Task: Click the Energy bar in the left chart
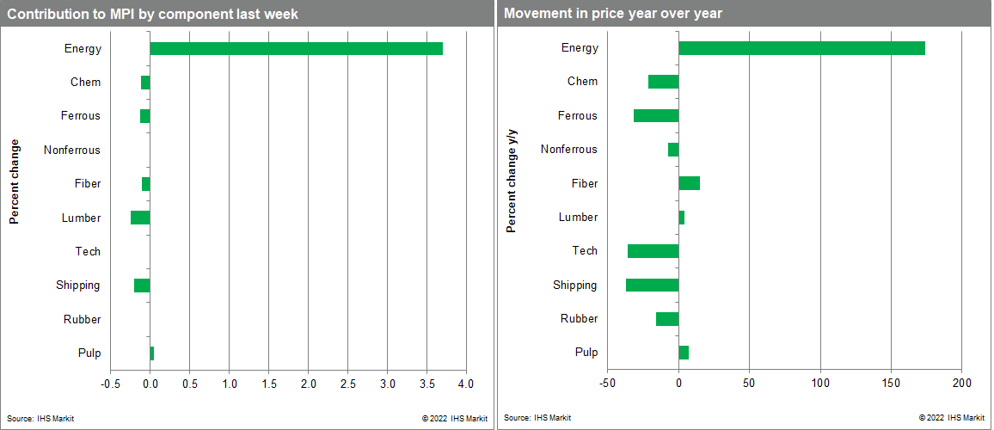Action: pos(296,48)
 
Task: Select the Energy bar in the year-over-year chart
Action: pos(801,48)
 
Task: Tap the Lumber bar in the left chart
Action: pos(140,218)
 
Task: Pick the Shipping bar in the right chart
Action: pos(652,285)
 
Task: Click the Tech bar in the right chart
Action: pos(653,251)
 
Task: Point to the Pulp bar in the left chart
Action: pos(152,353)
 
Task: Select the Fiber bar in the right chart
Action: pos(689,183)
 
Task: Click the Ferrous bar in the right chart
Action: pos(656,115)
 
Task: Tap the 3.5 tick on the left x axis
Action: pos(426,383)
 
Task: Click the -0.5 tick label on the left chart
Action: pos(110,383)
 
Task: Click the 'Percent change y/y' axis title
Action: pos(512,181)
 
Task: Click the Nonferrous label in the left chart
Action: pos(72,150)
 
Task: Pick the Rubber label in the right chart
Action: pos(579,319)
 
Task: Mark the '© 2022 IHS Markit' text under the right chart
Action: pos(952,418)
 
